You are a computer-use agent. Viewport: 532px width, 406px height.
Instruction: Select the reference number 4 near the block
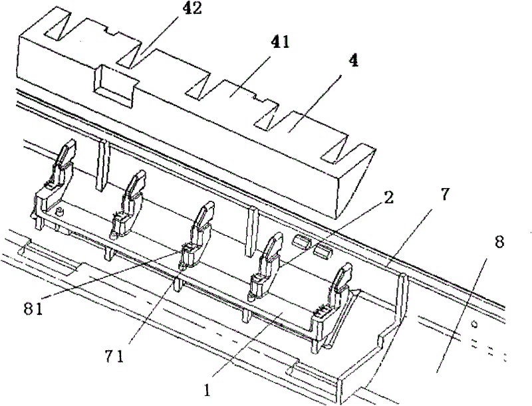(x=354, y=61)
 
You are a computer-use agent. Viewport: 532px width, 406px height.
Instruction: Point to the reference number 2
(x=388, y=197)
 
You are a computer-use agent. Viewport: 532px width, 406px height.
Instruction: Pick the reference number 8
(x=499, y=242)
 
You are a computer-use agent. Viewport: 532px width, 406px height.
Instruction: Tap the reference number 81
(x=33, y=309)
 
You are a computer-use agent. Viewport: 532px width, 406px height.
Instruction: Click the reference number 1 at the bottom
(x=207, y=391)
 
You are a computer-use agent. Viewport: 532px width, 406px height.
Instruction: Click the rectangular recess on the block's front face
(x=114, y=86)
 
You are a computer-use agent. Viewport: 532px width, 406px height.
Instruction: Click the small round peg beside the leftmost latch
(x=60, y=213)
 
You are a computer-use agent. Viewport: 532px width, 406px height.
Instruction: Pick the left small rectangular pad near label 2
(x=301, y=242)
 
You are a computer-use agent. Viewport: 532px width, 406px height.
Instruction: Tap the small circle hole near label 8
(x=475, y=324)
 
